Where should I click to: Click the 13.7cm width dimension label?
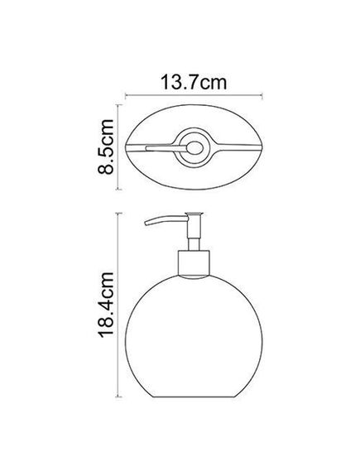[194, 82]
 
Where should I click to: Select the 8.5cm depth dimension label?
[106, 147]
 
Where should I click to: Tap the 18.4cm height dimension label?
[106, 305]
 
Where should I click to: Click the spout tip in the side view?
[146, 223]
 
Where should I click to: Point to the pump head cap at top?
[194, 214]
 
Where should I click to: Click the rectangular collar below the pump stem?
[194, 263]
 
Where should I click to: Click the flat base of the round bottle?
[194, 397]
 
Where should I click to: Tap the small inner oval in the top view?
[194, 148]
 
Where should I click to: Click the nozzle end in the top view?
[147, 148]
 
